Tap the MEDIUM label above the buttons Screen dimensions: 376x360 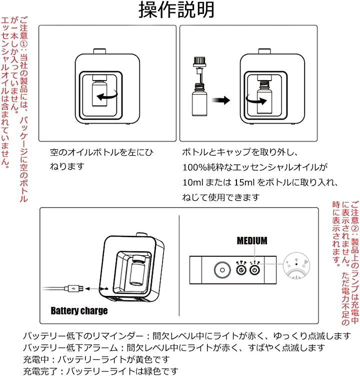point(252,241)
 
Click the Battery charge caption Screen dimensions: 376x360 point(79,311)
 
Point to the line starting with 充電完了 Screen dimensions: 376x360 point(99,371)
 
